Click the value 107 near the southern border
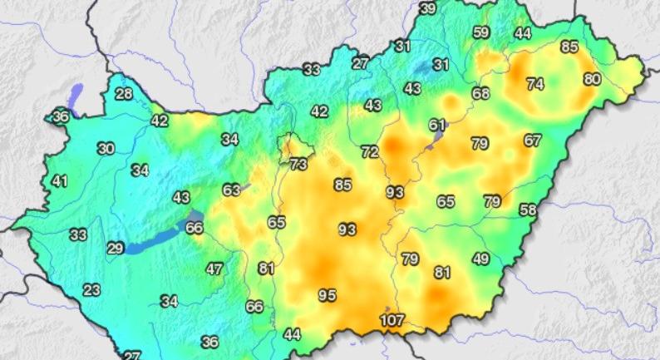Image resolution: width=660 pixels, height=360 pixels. pos(392,320)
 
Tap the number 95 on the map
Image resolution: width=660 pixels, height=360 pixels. pos(328,294)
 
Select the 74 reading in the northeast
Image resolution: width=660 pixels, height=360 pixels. pos(534,84)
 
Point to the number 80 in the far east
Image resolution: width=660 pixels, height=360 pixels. pos(592,79)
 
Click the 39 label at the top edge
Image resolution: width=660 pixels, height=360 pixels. pos(427,8)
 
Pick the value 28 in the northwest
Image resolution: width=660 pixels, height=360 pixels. pos(124,93)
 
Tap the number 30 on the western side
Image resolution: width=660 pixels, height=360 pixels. pos(106,149)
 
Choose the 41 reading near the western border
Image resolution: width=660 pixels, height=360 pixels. pos(59,180)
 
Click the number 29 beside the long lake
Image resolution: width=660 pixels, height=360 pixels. pos(115,248)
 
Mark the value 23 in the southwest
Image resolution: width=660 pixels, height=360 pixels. pos(91,290)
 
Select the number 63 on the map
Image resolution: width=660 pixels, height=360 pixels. pos(232,190)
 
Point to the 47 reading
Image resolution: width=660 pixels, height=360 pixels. pos(214,269)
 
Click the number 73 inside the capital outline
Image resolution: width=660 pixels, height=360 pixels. pos(298,165)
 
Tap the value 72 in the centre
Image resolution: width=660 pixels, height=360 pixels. pos(370,151)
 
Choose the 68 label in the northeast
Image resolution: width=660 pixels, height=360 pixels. pos(480,93)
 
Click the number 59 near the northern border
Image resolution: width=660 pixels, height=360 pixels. pos(480,32)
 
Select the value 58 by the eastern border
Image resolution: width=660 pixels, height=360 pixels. pos(528,210)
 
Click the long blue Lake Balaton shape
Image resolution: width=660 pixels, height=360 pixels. pos(158,239)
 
